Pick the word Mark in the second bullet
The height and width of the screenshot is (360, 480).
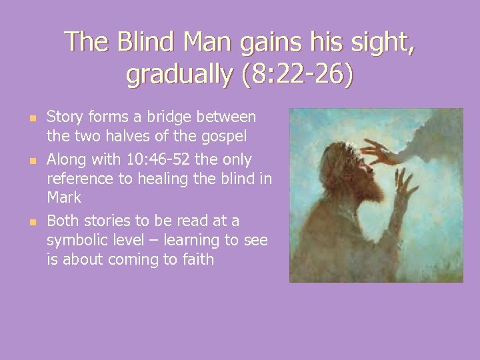(x=64, y=197)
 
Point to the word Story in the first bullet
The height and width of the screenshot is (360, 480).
(x=64, y=117)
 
